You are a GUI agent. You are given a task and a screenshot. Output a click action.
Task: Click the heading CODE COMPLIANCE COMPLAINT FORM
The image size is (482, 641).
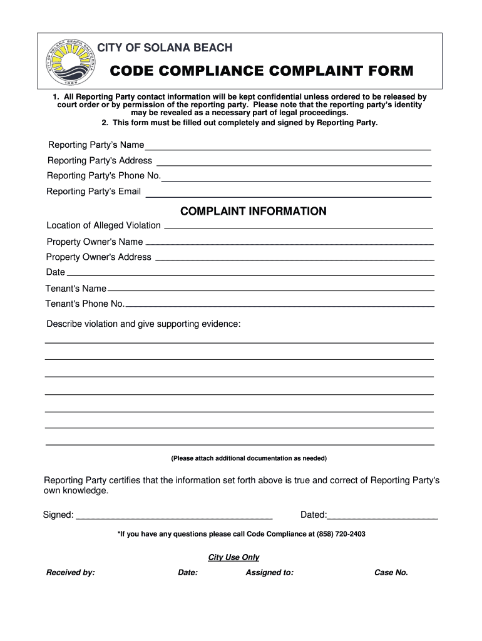[262, 71]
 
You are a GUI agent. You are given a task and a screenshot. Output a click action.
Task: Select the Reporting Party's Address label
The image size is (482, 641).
[100, 161]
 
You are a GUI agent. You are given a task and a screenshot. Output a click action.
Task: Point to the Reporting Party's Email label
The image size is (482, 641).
[94, 192]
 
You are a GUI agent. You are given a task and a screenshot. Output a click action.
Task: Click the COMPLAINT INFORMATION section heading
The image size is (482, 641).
[253, 212]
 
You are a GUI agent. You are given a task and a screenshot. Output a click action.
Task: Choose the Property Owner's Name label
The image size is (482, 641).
[95, 242]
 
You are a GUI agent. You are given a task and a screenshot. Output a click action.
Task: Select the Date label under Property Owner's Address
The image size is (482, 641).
[55, 272]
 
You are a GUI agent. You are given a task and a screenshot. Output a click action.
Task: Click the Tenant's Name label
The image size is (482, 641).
[76, 289]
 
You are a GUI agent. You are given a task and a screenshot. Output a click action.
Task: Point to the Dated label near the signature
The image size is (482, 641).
[313, 515]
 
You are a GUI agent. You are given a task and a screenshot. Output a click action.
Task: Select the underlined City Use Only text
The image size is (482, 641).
[233, 557]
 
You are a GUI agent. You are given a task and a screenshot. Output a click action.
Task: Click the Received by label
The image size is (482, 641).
[70, 572]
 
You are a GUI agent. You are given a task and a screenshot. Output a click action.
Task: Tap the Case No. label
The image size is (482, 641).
[391, 572]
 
